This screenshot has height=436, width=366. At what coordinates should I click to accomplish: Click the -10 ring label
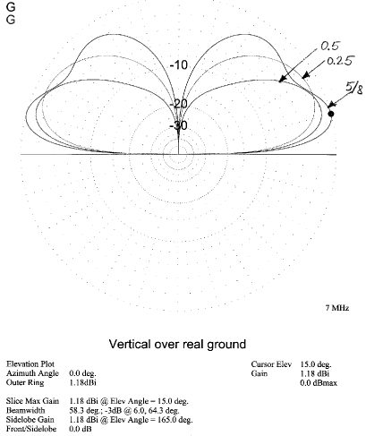179,64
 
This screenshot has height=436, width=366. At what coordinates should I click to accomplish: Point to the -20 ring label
178,104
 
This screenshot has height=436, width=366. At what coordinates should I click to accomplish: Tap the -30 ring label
178,125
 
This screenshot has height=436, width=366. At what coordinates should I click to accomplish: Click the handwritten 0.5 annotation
330,46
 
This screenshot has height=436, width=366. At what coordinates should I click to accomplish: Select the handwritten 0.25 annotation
340,61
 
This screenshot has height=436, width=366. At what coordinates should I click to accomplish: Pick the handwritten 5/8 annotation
354,88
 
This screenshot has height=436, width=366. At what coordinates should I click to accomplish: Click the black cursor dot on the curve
331,114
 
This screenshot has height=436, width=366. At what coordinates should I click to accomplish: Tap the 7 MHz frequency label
337,308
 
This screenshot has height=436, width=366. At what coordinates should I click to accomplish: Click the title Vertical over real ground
177,344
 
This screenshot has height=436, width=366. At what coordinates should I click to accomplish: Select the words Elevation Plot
30,364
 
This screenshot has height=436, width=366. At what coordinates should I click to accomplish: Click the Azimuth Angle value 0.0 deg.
83,373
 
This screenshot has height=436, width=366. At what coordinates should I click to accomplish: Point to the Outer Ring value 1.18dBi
83,382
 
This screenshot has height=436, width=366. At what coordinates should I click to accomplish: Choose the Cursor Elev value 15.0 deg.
316,364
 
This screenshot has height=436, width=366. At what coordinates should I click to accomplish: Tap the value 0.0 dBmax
319,382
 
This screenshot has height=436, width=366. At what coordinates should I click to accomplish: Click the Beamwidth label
25,410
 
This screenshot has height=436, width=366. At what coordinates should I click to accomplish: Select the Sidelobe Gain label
30,420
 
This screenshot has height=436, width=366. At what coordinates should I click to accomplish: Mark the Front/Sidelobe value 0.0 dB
81,429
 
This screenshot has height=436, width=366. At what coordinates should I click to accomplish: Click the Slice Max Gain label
32,401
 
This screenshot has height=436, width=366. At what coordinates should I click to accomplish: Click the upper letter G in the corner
11,6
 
